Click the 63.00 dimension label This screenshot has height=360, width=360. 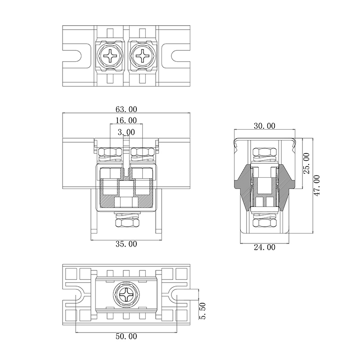[x=126, y=109]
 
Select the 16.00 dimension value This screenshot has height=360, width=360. [x=126, y=120]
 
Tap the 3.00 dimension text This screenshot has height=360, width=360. [x=126, y=132]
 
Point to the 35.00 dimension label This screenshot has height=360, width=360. [x=126, y=243]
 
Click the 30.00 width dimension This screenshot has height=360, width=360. [x=265, y=126]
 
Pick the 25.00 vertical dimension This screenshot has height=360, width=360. [x=307, y=163]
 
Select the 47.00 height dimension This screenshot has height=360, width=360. [x=317, y=185]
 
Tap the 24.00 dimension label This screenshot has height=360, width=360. [x=265, y=247]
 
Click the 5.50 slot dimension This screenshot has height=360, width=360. [x=203, y=311]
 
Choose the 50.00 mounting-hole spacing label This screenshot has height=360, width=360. [x=126, y=336]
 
